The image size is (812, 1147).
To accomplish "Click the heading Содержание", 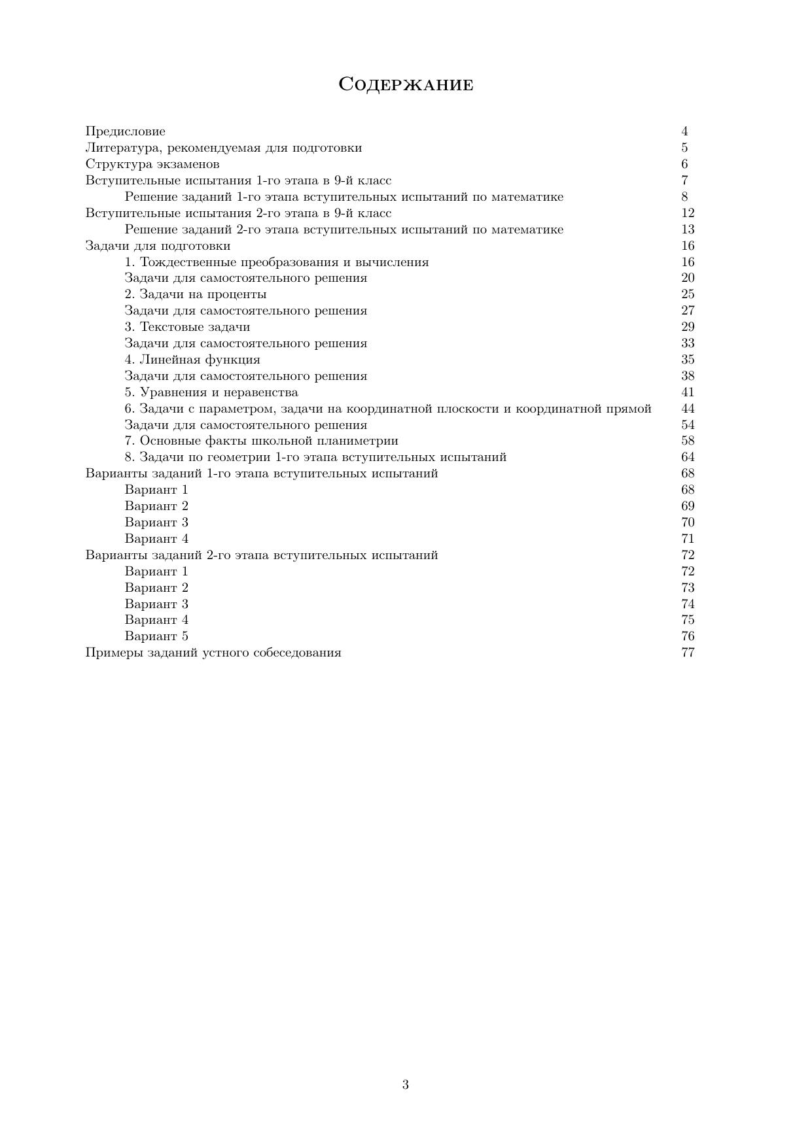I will tap(406, 84).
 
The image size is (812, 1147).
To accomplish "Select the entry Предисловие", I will tap(126, 131).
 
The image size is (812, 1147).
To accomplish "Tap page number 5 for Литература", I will tap(684, 148).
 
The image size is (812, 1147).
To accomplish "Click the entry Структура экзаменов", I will tap(152, 164).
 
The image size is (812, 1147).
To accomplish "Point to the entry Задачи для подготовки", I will tap(158, 246).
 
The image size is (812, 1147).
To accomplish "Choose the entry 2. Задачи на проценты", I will tap(196, 294).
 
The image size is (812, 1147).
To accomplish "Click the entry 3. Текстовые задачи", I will tap(187, 327).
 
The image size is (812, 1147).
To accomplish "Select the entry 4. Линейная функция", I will tap(192, 360).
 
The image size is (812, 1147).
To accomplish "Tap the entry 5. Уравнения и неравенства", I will tap(211, 392).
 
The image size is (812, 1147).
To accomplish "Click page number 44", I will tap(688, 409).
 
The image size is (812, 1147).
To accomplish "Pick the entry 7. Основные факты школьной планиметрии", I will tap(262, 441).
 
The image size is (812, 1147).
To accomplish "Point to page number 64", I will tap(688, 457).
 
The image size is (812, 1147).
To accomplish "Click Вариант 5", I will tap(156, 636).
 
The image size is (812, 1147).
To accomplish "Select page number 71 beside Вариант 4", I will tap(688, 539).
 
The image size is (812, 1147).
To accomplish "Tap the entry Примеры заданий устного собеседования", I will tap(213, 653).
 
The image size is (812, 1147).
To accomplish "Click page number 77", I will tap(688, 653).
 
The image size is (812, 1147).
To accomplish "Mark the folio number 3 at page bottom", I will tap(406, 1085).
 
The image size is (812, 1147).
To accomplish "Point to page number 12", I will tap(688, 213).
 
